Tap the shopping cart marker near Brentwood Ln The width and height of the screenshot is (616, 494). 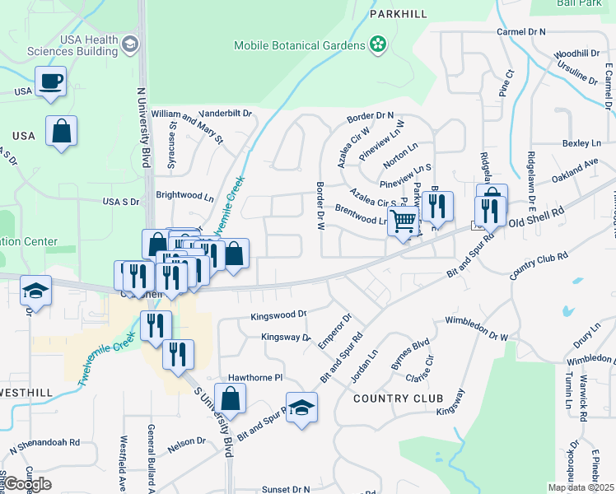tap(403, 221)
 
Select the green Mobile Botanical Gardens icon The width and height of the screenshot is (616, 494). tap(378, 44)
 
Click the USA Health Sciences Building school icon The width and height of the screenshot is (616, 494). tap(129, 43)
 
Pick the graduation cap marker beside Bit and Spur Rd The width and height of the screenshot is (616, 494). tap(302, 408)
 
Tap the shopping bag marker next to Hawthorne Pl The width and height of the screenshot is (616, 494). tap(230, 398)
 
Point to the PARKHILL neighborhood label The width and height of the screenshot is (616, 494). tap(399, 15)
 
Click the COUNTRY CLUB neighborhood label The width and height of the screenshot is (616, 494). tap(392, 398)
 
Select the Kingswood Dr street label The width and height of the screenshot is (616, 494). tap(278, 315)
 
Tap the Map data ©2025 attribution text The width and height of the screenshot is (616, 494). tap(580, 487)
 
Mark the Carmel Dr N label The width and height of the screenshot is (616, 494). tap(521, 31)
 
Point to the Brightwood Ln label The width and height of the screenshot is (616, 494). tap(184, 198)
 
